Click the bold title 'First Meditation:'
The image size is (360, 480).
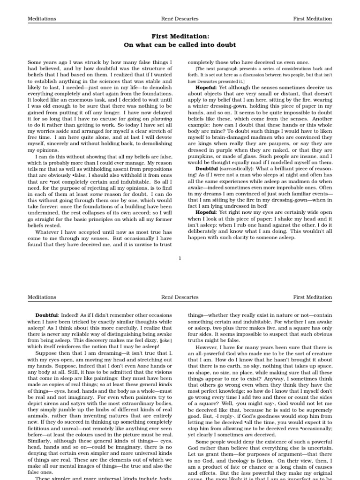coord(180,36)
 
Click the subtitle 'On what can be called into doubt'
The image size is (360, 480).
coord(180,45)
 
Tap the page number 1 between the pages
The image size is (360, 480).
coord(180,257)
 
